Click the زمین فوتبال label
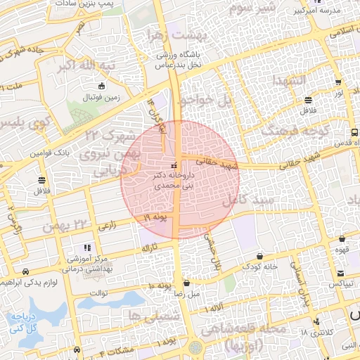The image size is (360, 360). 105,99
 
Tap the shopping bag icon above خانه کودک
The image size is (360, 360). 261,255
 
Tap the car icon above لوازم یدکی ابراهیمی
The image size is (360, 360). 26,271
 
